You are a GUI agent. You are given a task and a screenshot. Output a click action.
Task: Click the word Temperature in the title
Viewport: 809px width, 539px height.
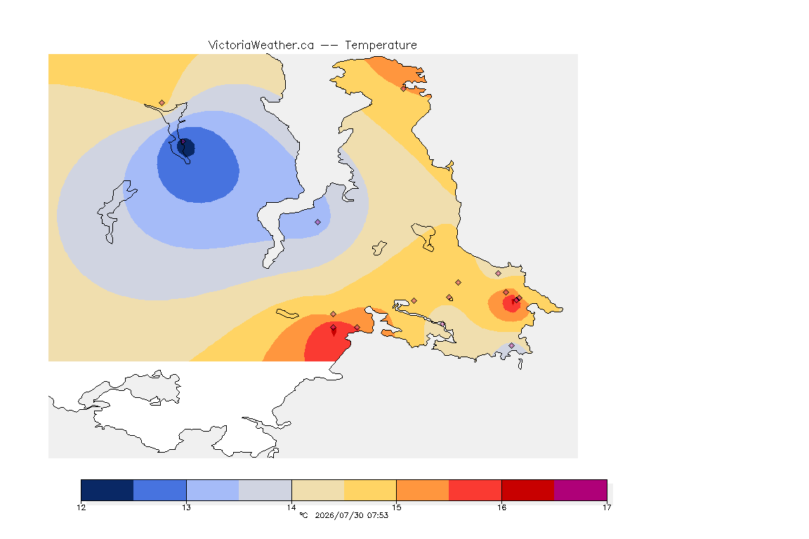[x=381, y=46]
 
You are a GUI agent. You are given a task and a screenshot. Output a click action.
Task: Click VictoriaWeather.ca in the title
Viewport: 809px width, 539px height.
[x=261, y=46]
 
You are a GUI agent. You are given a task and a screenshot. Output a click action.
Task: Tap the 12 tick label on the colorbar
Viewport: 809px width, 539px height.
[x=81, y=507]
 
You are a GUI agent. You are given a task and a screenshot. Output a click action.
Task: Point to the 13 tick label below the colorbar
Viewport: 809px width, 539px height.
[x=186, y=507]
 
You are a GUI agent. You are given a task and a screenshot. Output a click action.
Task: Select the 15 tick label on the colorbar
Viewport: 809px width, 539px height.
[x=396, y=507]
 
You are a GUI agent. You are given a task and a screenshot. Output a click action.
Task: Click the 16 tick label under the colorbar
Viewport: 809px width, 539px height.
[x=501, y=507]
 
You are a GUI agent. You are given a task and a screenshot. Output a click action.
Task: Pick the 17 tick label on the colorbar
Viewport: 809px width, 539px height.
[x=607, y=507]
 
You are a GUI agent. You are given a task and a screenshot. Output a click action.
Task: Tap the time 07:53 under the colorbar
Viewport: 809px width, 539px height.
[x=378, y=515]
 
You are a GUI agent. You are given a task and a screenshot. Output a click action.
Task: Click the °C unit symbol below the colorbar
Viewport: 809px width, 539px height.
[x=304, y=515]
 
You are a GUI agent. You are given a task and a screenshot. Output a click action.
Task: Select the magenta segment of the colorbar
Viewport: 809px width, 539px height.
[x=581, y=490]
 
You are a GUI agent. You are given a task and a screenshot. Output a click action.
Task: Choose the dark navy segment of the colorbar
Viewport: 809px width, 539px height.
[x=107, y=490]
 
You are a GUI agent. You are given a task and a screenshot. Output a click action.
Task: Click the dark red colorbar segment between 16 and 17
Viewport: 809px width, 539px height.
[x=528, y=490]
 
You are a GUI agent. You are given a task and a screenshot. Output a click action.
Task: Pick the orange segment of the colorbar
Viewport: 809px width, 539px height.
[x=423, y=490]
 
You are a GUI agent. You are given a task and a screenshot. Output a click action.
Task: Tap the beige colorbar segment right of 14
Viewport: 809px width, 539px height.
[x=318, y=490]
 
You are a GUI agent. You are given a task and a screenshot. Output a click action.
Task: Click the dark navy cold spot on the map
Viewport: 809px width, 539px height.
[x=186, y=147]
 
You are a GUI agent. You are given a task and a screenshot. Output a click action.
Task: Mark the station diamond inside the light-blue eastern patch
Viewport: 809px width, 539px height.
[x=318, y=222]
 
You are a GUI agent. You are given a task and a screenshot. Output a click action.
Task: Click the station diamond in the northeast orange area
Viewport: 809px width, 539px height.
[x=404, y=88]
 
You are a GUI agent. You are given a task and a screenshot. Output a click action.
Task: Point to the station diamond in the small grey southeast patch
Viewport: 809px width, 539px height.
[x=511, y=345]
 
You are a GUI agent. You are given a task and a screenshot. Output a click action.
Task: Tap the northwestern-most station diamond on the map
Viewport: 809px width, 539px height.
[x=162, y=103]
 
